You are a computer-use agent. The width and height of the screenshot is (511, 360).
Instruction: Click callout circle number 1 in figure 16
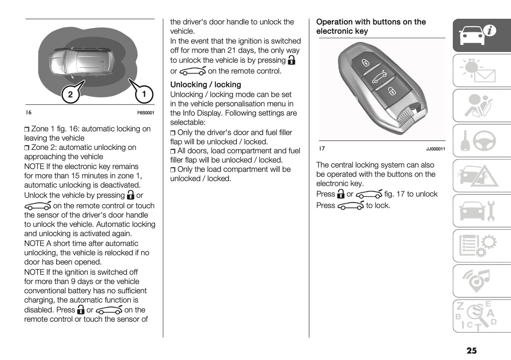tap(144, 94)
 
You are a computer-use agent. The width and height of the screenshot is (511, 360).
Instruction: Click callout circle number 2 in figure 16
tap(70, 94)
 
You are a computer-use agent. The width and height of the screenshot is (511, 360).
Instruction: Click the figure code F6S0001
tap(145, 113)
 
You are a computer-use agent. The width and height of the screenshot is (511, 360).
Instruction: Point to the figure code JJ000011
tap(435, 149)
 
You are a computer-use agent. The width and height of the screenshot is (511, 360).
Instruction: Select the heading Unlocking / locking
tap(205, 85)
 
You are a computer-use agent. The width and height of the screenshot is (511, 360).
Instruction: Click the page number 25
tap(471, 350)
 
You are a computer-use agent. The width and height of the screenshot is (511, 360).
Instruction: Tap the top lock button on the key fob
tap(365, 63)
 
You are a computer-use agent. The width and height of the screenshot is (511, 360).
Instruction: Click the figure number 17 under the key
tap(322, 149)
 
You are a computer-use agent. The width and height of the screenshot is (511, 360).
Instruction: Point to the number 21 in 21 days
tap(231, 50)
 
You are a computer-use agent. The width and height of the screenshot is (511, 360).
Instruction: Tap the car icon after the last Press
tap(350, 206)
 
